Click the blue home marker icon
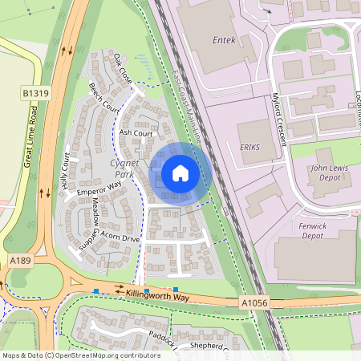pos(180,172)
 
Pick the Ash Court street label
pos(136,133)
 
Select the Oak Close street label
pos(122,69)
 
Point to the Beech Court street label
pos(104,97)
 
